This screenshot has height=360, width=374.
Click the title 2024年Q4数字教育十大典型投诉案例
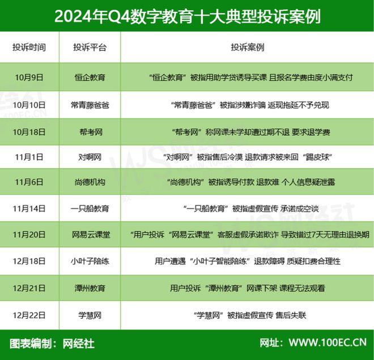pyautogui.click(x=187, y=16)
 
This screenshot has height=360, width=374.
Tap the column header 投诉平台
pyautogui.click(x=90, y=47)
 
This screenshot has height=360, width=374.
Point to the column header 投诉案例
pyautogui.click(x=248, y=47)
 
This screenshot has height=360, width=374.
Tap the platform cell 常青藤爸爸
pyautogui.click(x=90, y=105)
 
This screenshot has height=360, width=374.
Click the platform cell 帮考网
pyautogui.click(x=90, y=132)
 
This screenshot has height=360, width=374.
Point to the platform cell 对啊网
pyautogui.click(x=90, y=157)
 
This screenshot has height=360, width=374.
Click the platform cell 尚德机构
pyautogui.click(x=90, y=183)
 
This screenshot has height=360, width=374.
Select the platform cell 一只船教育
pyautogui.click(x=90, y=208)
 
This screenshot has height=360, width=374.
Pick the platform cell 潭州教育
pyautogui.click(x=90, y=288)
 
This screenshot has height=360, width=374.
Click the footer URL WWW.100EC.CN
pyautogui.click(x=327, y=343)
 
